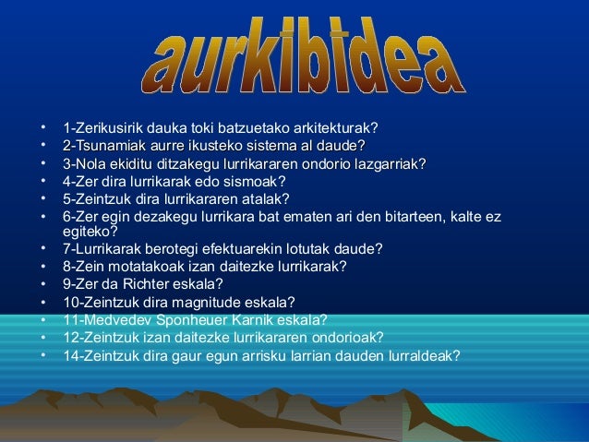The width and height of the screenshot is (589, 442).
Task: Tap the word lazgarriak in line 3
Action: pyautogui.click(x=395, y=164)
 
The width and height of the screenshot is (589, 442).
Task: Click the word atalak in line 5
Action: pyautogui.click(x=266, y=199)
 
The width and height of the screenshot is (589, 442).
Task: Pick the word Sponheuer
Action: pyautogui.click(x=198, y=320)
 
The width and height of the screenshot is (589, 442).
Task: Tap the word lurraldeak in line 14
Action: pyautogui.click(x=426, y=356)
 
